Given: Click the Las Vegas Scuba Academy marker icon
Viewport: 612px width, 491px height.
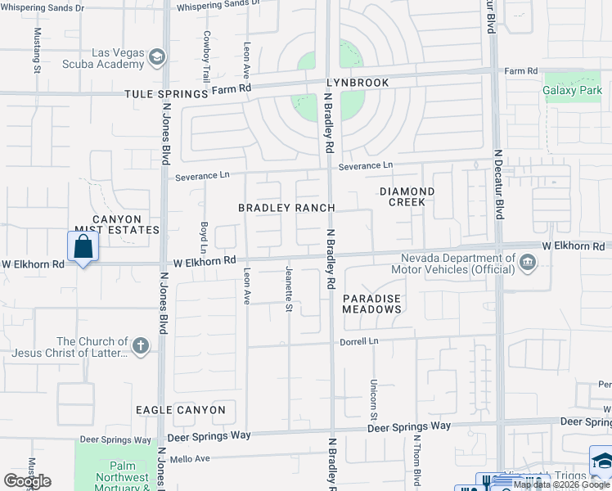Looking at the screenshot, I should [x=156, y=56].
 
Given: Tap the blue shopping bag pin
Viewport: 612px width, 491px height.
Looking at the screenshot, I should [x=83, y=245].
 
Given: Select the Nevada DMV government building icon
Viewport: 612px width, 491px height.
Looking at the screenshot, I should [x=527, y=263].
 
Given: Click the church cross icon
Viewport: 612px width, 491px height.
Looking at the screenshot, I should [x=141, y=346].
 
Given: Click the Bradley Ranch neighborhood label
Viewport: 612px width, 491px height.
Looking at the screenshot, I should [x=286, y=208].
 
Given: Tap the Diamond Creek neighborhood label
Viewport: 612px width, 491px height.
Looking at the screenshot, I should [x=407, y=196].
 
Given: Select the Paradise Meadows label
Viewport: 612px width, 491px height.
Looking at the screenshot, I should [x=372, y=304].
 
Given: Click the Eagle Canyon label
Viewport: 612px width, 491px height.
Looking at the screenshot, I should [x=181, y=409].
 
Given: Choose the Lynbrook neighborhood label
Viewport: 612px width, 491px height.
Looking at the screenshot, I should [x=357, y=83].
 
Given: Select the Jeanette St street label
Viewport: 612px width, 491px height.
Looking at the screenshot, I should [x=288, y=289].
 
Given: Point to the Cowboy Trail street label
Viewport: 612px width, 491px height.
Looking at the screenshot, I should [x=207, y=51].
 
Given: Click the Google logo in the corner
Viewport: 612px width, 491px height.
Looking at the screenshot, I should [x=27, y=480].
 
